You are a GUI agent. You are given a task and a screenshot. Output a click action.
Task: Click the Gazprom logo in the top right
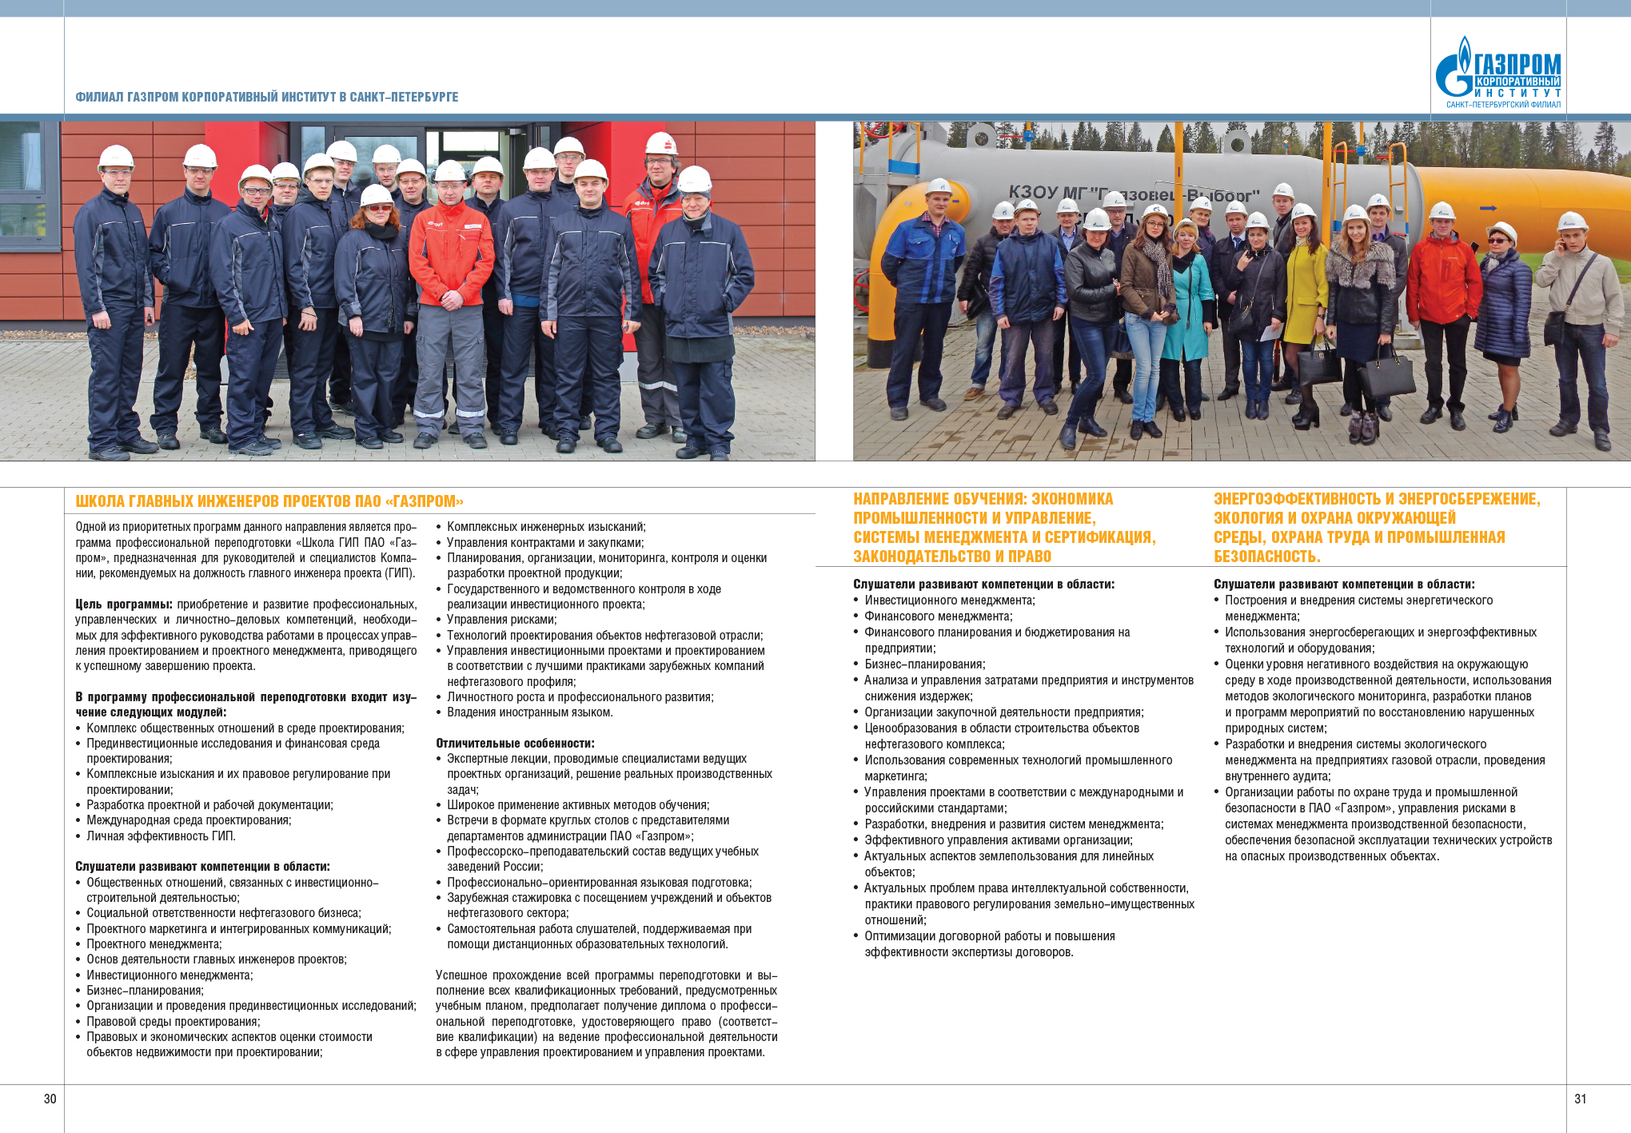pos(1497,73)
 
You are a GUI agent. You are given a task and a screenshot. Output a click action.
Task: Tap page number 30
pos(50,1099)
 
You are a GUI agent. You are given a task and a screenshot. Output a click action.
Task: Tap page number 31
pos(1580,1099)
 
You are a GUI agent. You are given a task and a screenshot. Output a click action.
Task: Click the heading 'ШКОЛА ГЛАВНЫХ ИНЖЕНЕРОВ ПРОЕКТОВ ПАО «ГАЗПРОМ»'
pos(269,501)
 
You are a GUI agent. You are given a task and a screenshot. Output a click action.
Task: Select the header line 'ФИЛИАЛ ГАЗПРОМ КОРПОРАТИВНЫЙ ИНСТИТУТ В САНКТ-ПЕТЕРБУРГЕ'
pos(266,97)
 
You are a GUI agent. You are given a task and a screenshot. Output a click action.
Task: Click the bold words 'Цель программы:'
pos(124,604)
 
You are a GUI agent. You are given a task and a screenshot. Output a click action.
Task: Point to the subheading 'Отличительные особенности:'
pos(515,743)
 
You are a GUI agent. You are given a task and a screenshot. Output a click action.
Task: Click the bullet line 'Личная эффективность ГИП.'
pos(161,836)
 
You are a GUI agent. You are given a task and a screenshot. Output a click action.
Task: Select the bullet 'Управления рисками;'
pos(501,619)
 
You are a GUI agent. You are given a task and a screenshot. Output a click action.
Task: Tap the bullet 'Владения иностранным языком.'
pos(529,712)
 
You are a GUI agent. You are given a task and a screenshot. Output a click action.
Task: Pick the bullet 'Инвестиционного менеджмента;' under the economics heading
pos(949,600)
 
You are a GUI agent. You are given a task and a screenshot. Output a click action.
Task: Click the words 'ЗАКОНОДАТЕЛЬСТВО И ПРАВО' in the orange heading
pos(951,557)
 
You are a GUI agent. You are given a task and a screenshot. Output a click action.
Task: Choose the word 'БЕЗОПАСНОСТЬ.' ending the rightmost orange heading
pos(1266,557)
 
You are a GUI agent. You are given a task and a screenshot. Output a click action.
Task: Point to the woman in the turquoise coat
pos(1189,304)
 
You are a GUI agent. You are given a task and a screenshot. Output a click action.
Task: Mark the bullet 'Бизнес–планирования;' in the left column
pos(145,990)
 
